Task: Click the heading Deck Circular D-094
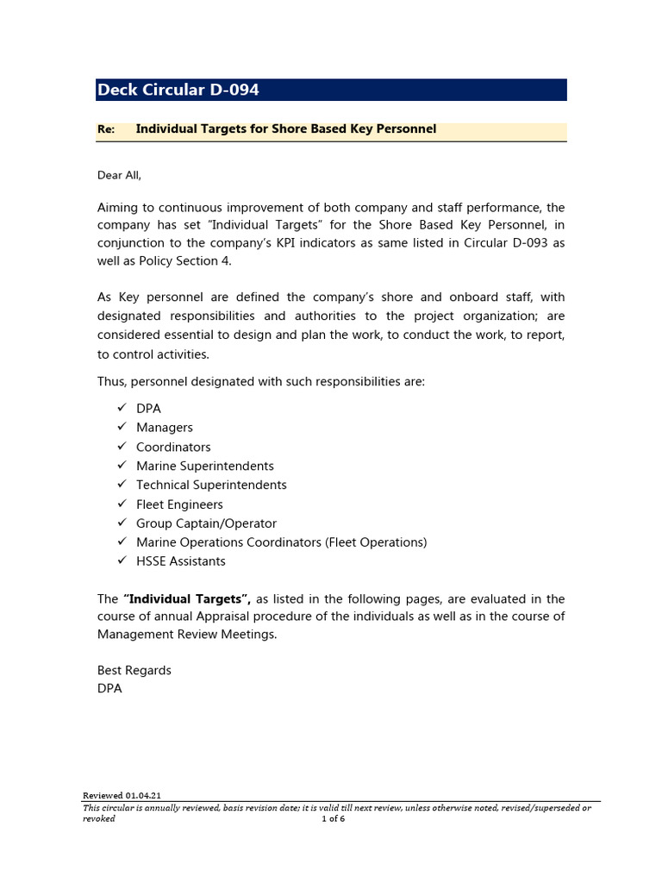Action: point(178,90)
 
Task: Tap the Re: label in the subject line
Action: point(106,129)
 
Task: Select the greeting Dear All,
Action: point(119,175)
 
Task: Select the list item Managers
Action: point(164,428)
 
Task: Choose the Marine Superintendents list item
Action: point(204,466)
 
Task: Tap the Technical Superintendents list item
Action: point(211,485)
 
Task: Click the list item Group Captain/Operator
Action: point(206,523)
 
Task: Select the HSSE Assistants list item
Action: point(180,561)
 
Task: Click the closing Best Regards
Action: point(134,670)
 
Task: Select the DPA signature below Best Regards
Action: point(109,689)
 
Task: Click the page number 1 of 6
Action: point(333,818)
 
